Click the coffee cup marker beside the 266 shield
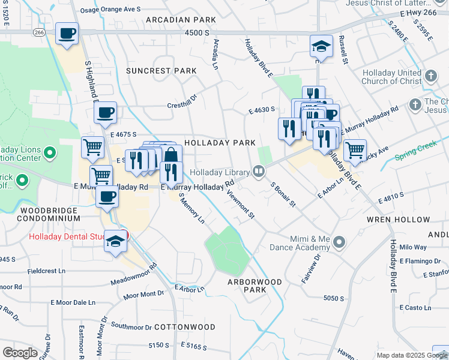click(x=67, y=33)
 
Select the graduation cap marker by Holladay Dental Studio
click(x=115, y=242)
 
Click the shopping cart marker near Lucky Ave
click(x=355, y=150)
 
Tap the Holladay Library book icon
click(x=259, y=172)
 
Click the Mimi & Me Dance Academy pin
click(x=340, y=242)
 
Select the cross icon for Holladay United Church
click(x=430, y=76)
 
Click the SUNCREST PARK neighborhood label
click(x=161, y=71)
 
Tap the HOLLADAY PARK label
click(x=220, y=143)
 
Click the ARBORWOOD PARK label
click(x=255, y=285)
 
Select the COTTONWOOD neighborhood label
click(x=185, y=327)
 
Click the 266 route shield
click(x=40, y=32)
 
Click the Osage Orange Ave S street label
click(x=110, y=10)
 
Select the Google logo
click(x=19, y=353)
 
